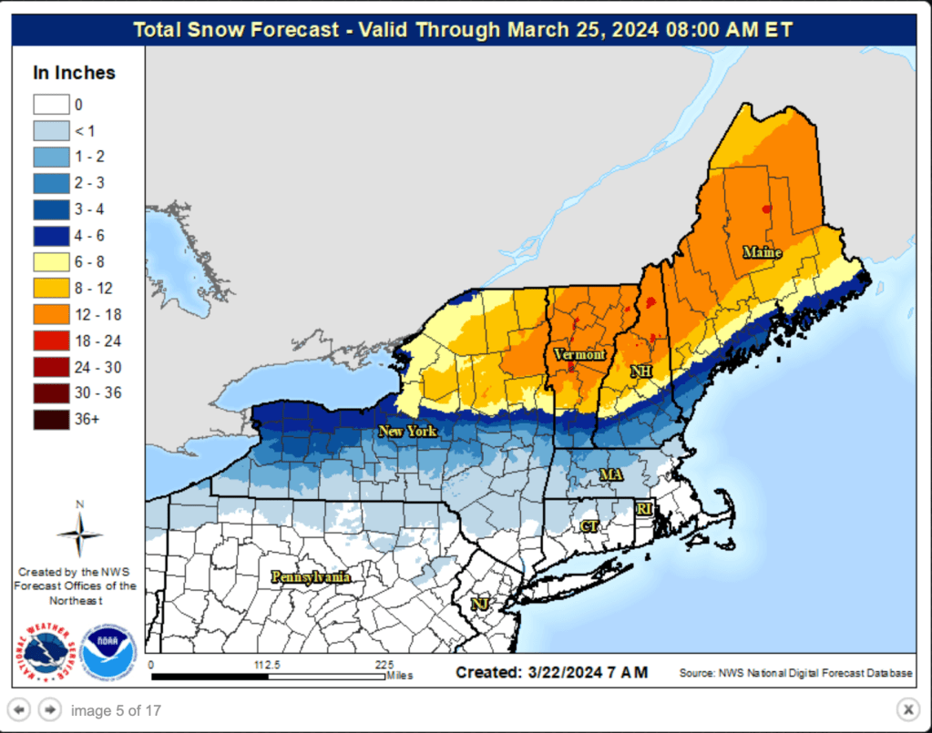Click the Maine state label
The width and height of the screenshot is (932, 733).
coord(762,252)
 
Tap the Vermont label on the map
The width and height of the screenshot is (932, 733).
coord(579,354)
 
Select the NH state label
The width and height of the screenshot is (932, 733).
coord(641,372)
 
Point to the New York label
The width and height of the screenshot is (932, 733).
coord(408,431)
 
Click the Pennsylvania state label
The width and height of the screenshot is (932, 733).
coord(311,576)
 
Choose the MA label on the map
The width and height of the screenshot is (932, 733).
coord(610,475)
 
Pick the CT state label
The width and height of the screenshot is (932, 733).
coord(589,526)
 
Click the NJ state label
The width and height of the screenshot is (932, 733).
coord(479,604)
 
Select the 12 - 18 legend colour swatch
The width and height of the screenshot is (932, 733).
coord(51,315)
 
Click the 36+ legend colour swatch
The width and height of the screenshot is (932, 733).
coord(51,420)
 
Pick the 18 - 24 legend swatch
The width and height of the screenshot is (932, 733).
coord(51,341)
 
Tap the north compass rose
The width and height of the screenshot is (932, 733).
coord(79,532)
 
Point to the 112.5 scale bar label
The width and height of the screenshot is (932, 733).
coord(266,665)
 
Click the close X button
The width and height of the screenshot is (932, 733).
coord(907,709)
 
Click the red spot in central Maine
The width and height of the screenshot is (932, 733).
coord(766,209)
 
